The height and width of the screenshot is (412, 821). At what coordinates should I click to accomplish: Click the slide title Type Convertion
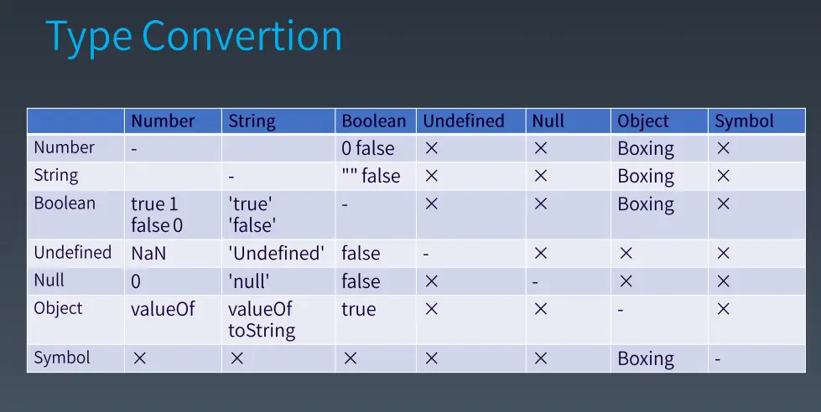tap(194, 36)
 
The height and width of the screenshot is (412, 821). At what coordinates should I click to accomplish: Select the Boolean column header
tap(374, 121)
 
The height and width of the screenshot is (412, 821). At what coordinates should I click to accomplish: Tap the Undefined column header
tap(464, 121)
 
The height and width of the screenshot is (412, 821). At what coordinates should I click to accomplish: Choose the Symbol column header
tap(744, 121)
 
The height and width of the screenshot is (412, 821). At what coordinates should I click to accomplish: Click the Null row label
tap(49, 281)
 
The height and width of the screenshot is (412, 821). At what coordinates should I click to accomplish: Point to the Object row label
tap(58, 308)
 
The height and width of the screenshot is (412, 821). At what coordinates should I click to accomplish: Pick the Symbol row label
tap(62, 358)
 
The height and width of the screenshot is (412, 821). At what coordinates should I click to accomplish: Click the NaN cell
tap(148, 254)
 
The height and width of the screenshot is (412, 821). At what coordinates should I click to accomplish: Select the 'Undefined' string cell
tap(276, 254)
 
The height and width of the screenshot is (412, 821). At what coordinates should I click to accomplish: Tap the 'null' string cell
tap(249, 282)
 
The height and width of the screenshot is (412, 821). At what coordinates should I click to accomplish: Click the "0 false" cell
tap(367, 148)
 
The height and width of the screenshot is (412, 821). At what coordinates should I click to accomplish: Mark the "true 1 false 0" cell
tap(157, 214)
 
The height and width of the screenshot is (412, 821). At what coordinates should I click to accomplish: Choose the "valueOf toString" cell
tap(262, 320)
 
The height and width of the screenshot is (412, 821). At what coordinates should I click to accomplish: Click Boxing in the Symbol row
tap(646, 359)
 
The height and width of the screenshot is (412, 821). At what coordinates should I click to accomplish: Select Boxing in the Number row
tap(646, 149)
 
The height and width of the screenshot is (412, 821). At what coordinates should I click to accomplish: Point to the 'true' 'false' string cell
tap(252, 214)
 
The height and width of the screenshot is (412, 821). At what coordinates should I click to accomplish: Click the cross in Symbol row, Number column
tap(139, 358)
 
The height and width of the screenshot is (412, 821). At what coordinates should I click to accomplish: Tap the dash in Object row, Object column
tap(621, 310)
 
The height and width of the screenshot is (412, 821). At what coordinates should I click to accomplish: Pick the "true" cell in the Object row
tap(359, 310)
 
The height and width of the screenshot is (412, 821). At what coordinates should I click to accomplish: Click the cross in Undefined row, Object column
tap(626, 254)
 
